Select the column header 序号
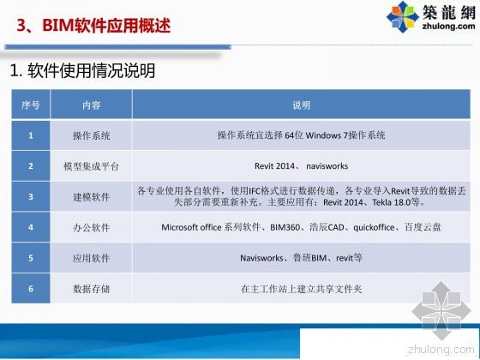pos(30,105)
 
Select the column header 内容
pos(92,105)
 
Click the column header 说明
pos(301,105)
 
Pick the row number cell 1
pos(30,135)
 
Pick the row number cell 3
pos(30,196)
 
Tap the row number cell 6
pos(30,289)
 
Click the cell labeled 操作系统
pos(92,135)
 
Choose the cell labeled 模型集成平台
pos(92,165)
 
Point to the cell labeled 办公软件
pos(92,227)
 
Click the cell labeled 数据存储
pos(92,289)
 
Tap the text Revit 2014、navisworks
pos(301,165)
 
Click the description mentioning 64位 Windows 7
pos(301,135)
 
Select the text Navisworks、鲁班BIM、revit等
pos(301,257)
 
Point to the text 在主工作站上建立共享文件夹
pos(301,289)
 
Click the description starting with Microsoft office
pos(301,227)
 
